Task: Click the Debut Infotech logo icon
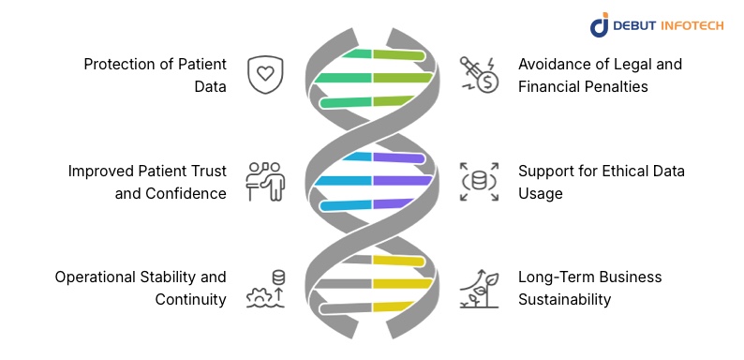pyautogui.click(x=600, y=25)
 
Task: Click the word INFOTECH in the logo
pyautogui.click(x=692, y=25)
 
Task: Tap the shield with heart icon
pyautogui.click(x=265, y=75)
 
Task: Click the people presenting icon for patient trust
pyautogui.click(x=264, y=181)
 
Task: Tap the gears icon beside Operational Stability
pyautogui.click(x=264, y=289)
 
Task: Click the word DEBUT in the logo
pyautogui.click(x=640, y=25)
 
